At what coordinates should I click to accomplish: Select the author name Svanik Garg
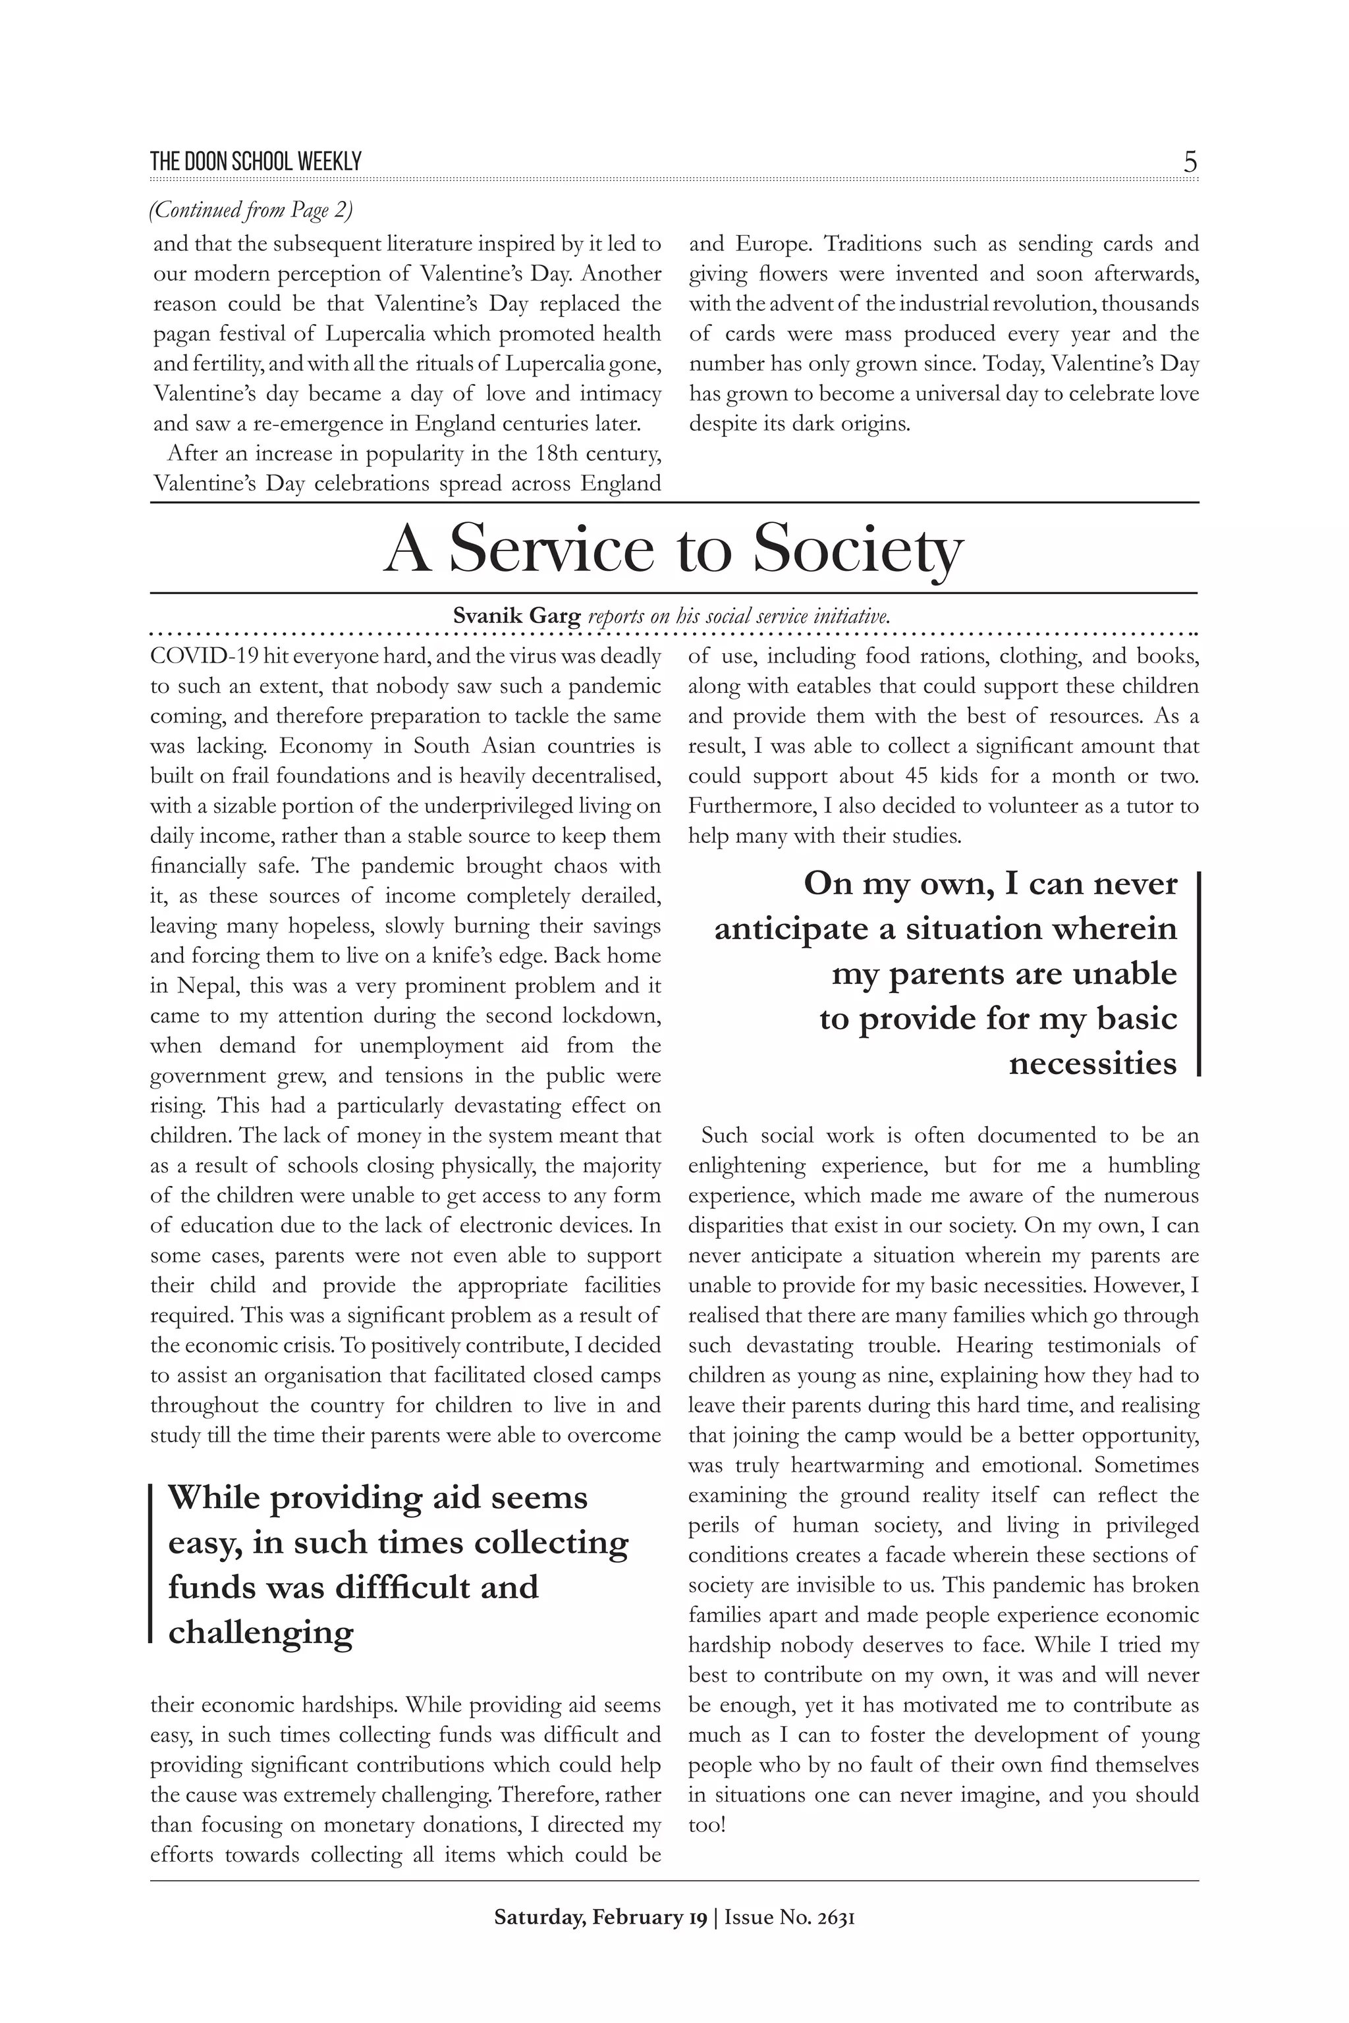point(516,616)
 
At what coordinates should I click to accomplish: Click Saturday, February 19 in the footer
point(599,1917)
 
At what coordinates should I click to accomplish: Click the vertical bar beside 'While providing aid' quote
point(151,1563)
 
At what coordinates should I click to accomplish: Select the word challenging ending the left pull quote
point(261,1632)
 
